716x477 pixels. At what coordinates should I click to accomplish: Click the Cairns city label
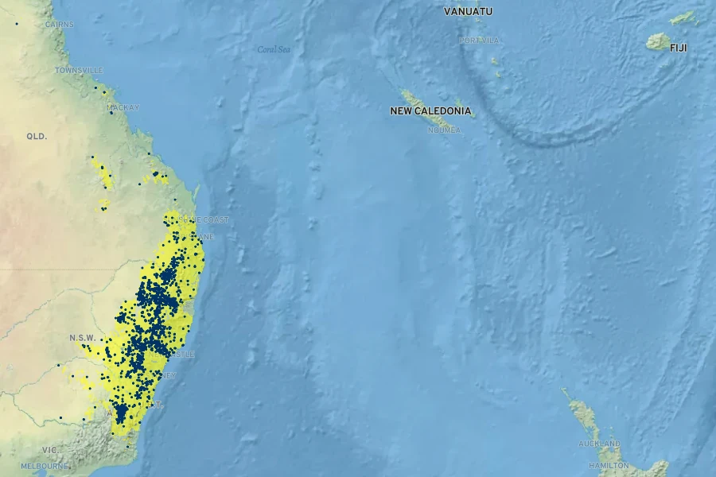point(60,25)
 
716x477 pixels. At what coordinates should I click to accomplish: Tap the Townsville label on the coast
point(79,71)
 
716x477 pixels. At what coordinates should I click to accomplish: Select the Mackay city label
point(123,107)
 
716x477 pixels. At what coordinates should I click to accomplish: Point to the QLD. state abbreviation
point(37,137)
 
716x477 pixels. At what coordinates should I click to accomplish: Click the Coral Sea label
point(274,49)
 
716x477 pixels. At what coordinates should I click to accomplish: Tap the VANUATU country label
point(468,11)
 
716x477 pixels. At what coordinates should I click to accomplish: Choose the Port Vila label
point(478,41)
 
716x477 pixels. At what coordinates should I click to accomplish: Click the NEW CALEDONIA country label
point(430,111)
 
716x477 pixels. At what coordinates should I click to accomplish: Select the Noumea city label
point(444,130)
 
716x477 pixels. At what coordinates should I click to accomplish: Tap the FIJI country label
point(678,48)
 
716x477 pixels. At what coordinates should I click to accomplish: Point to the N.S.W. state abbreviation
point(83,337)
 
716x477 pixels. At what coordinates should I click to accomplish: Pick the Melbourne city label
point(45,466)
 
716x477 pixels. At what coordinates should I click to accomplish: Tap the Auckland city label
point(599,444)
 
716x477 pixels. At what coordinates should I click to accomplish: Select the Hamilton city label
point(609,465)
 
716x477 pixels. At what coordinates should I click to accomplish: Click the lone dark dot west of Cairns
point(15,23)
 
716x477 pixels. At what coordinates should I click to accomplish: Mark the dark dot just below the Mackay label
point(111,113)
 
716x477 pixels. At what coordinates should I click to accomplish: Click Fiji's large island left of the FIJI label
point(658,42)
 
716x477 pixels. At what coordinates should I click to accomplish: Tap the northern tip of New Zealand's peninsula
point(562,390)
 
